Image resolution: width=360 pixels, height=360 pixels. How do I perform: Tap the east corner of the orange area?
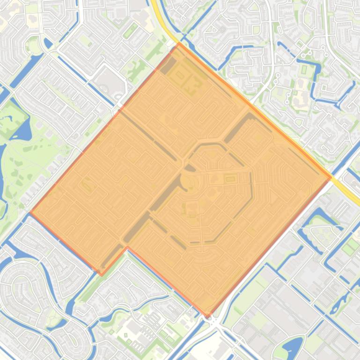[331, 177]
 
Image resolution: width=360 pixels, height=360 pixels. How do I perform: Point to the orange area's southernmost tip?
[208, 316]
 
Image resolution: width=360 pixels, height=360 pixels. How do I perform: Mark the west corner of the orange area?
[30, 213]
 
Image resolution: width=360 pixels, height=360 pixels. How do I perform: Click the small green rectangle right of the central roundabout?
[230, 178]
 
